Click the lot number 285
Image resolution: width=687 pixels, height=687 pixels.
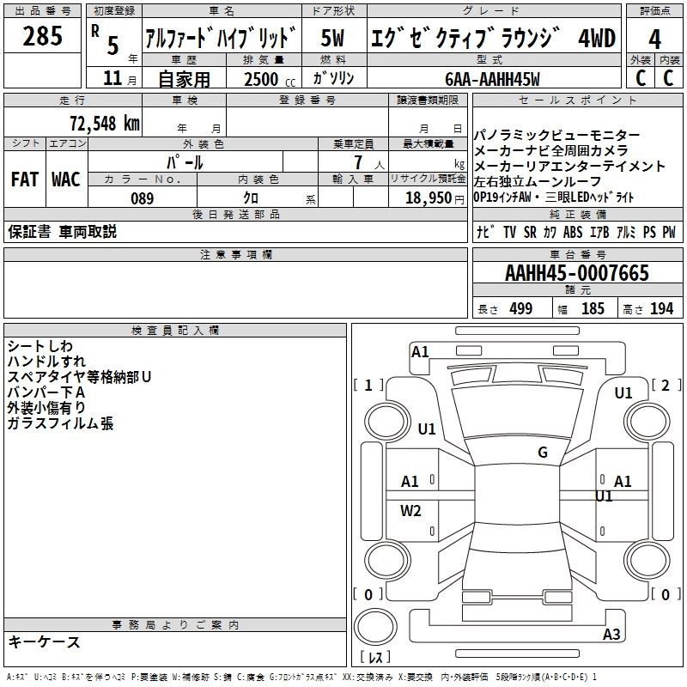pos(43,37)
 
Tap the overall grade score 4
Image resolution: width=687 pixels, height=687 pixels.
pos(655,40)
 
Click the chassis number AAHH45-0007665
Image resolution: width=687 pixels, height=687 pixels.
pos(577,274)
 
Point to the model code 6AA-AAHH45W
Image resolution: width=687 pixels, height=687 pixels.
pos(492,79)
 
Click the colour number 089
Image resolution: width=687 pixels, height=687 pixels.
pos(142,198)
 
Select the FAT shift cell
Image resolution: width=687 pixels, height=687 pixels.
pos(24,179)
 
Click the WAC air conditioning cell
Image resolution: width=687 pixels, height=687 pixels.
pos(65,179)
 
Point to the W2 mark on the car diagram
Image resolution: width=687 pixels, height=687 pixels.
pos(411,511)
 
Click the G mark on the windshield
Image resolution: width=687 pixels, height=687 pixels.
pos(543,453)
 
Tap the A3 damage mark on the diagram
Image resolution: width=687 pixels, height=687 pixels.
pos(611,635)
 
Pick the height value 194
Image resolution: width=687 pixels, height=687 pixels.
pos(661,309)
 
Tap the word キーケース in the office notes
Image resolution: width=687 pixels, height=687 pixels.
pos(44,642)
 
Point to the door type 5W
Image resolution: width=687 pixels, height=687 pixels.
pos(334,38)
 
